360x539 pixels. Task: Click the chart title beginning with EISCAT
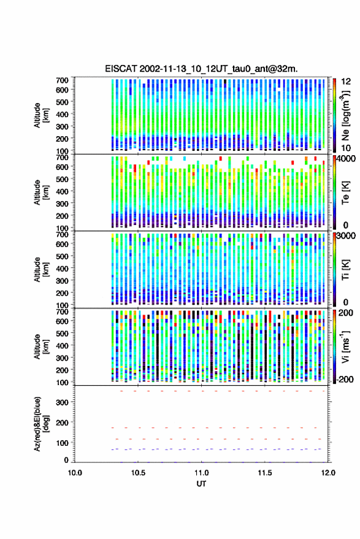tap(201, 69)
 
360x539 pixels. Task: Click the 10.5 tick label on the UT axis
tap(138, 473)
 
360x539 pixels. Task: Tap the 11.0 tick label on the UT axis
tap(201, 473)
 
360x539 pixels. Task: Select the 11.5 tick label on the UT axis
tap(264, 473)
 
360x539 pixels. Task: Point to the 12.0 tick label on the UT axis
tap(327, 473)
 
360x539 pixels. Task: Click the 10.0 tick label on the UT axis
tap(75, 473)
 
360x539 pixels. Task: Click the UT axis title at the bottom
tap(201, 484)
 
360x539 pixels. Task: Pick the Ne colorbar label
tap(345, 115)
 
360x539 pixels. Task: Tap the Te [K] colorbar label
tap(345, 193)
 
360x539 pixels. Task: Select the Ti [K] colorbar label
tap(345, 270)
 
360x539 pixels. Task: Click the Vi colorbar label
tap(345, 346)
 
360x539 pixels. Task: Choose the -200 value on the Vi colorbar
tap(345, 379)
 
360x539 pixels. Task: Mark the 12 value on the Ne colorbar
tap(346, 82)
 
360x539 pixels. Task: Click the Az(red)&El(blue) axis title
tap(41, 424)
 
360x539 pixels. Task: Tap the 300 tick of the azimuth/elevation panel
tap(62, 402)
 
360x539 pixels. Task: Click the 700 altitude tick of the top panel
tap(62, 80)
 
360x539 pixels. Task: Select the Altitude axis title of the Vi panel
tap(41, 346)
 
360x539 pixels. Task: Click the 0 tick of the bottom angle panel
tap(66, 460)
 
